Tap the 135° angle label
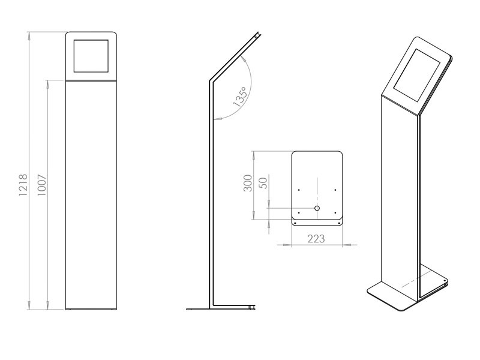point(239,97)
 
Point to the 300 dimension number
point(247,183)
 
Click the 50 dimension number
point(262,183)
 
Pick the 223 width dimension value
point(316,238)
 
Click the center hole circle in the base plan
point(317,208)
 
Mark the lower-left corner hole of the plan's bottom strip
point(295,223)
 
